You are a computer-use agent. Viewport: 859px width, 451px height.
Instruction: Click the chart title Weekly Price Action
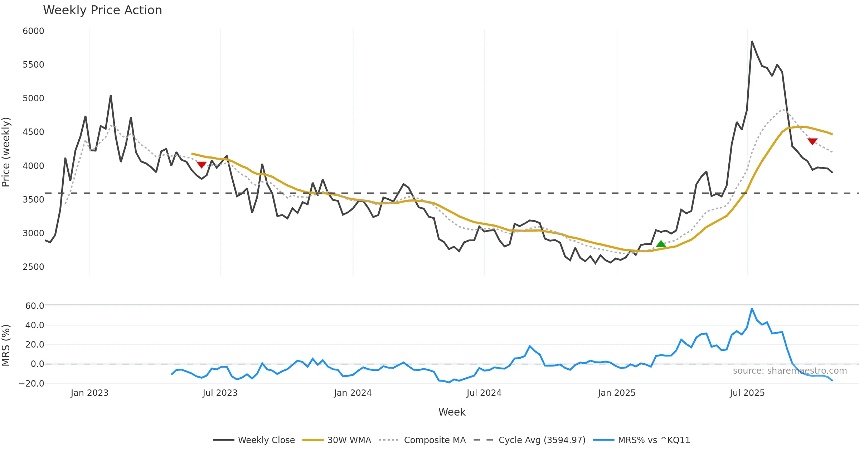pyautogui.click(x=102, y=10)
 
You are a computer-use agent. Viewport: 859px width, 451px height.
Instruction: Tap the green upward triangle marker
pyautogui.click(x=661, y=244)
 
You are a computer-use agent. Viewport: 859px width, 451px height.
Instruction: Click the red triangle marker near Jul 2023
pyautogui.click(x=202, y=165)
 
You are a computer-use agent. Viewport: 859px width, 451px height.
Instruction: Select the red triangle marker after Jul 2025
pyautogui.click(x=812, y=141)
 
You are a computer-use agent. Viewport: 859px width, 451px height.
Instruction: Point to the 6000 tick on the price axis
pyautogui.click(x=33, y=31)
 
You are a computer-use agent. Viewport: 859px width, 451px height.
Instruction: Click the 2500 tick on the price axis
pyautogui.click(x=33, y=267)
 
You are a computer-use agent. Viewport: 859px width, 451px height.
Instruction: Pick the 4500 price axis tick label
pyautogui.click(x=33, y=132)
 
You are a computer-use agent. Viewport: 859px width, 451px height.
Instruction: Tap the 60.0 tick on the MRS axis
pyautogui.click(x=35, y=306)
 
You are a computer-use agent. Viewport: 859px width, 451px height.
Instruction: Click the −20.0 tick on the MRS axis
pyautogui.click(x=32, y=384)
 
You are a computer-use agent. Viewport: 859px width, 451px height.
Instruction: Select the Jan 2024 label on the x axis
pyautogui.click(x=353, y=393)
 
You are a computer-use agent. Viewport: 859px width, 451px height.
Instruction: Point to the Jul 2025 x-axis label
pyautogui.click(x=747, y=393)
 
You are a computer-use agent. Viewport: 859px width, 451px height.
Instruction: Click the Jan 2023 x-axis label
pyautogui.click(x=89, y=393)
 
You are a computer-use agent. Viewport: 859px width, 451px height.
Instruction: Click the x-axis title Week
pyautogui.click(x=452, y=412)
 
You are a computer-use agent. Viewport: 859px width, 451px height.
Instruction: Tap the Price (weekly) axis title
pyautogui.click(x=6, y=152)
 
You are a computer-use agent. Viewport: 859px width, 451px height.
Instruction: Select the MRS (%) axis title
pyautogui.click(x=6, y=345)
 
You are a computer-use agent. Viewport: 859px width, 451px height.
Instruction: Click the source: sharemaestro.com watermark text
pyautogui.click(x=790, y=371)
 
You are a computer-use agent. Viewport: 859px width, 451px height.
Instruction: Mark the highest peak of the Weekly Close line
pyautogui.click(x=752, y=42)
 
